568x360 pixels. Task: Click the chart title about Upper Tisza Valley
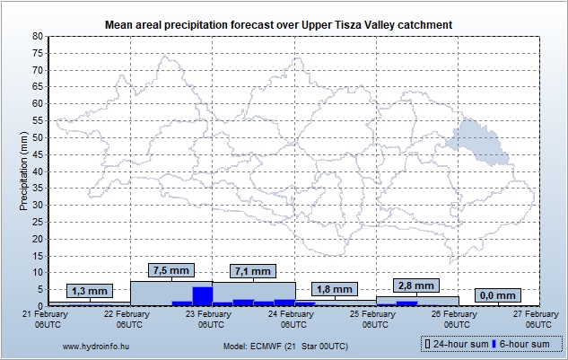click(278, 23)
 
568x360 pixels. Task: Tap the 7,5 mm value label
click(170, 270)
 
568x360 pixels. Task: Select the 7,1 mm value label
click(252, 271)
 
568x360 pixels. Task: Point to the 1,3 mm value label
click(89, 291)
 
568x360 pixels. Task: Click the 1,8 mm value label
click(334, 290)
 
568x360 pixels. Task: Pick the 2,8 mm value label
click(415, 285)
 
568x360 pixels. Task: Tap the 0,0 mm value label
click(497, 295)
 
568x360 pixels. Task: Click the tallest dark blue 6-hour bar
click(202, 295)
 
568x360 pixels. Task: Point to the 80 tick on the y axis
click(38, 36)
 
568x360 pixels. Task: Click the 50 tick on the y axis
click(38, 137)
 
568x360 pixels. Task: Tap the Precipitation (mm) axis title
click(23, 171)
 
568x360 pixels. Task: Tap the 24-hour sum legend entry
click(456, 344)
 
